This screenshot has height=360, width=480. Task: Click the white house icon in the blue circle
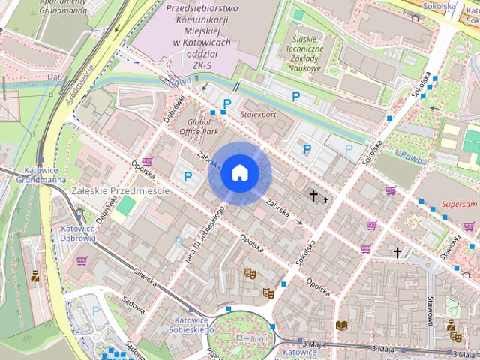[239, 173]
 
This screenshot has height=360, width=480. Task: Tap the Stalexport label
[258, 114]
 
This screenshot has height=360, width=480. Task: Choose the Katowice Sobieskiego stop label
[190, 324]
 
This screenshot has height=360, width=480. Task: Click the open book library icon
[342, 325]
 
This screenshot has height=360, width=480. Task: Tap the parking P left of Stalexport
[226, 103]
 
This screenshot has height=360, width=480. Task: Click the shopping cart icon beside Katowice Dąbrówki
[82, 260]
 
